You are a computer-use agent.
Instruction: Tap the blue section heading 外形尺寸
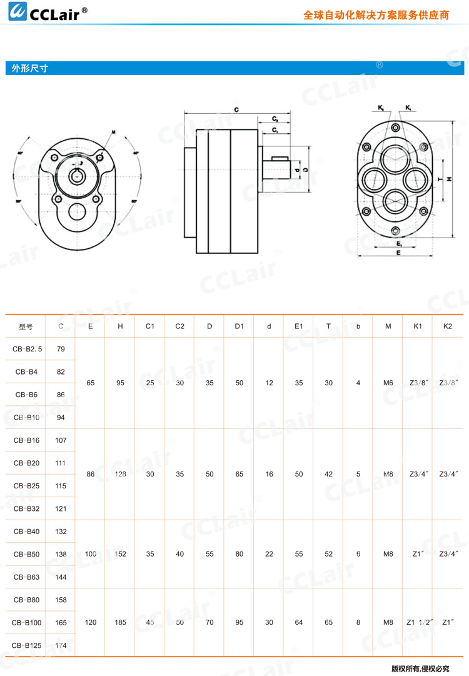point(26,69)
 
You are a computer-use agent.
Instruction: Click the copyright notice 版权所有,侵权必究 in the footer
point(420,668)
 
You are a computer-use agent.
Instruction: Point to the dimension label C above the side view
point(236,109)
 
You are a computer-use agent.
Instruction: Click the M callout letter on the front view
point(113,132)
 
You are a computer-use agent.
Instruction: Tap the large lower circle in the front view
point(78,211)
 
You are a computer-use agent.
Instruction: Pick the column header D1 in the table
point(239,326)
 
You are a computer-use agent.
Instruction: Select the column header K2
point(446,326)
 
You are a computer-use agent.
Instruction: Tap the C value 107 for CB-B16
point(61,440)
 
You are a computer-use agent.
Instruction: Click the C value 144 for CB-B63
point(61,577)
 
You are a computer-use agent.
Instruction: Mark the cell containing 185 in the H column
point(120,622)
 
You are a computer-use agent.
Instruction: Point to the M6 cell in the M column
point(388,383)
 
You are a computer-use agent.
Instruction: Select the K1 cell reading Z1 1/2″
point(418,622)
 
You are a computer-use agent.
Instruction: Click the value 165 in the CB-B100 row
point(61,622)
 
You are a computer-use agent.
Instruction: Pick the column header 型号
point(26,326)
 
